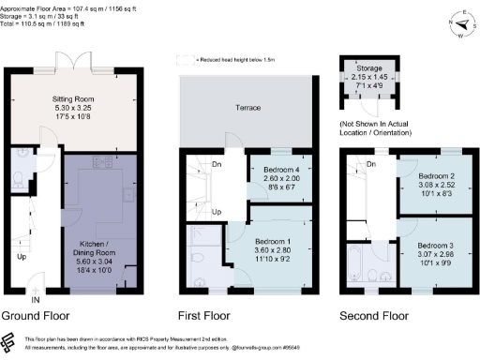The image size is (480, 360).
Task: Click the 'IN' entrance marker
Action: coord(36,300)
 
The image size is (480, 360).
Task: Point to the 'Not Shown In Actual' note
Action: coord(388,123)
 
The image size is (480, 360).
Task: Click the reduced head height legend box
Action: coord(181,58)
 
